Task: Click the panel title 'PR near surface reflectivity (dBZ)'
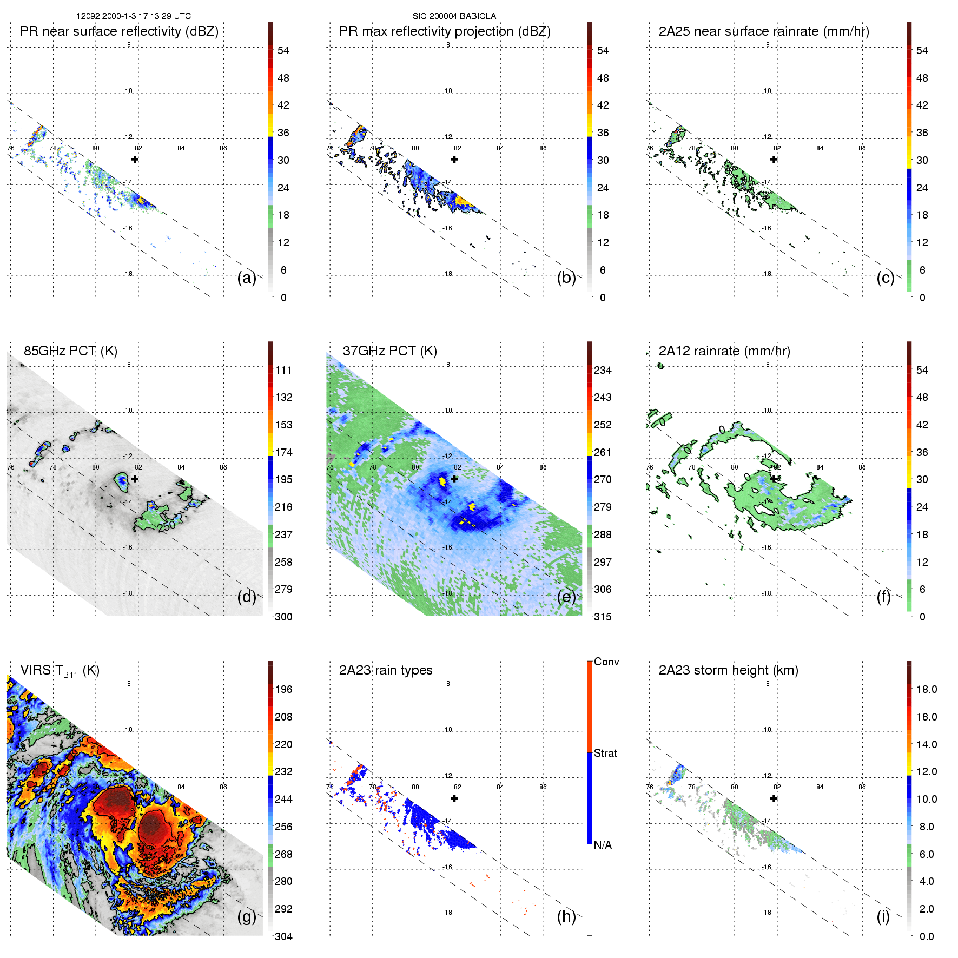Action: click(119, 31)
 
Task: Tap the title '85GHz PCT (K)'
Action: click(70, 351)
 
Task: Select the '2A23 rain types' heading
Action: click(385, 670)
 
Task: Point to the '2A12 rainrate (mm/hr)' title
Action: click(724, 351)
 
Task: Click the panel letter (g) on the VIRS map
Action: click(247, 916)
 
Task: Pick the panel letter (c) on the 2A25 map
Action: click(885, 278)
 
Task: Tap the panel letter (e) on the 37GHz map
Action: click(566, 597)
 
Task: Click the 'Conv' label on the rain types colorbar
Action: click(606, 662)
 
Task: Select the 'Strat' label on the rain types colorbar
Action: click(605, 753)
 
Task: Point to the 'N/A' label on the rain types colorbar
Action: click(603, 845)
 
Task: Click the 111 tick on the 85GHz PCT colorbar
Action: click(283, 371)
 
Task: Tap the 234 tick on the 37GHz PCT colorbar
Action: click(603, 371)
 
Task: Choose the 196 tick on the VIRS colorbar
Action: click(283, 690)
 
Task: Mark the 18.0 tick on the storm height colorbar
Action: click(926, 690)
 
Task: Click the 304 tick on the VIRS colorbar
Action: click(283, 936)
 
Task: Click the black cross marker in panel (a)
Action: click(135, 159)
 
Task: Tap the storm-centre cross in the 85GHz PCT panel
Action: click(135, 479)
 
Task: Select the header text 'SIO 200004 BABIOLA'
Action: click(454, 16)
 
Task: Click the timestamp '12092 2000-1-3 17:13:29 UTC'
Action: click(134, 16)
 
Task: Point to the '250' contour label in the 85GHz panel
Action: click(167, 525)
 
